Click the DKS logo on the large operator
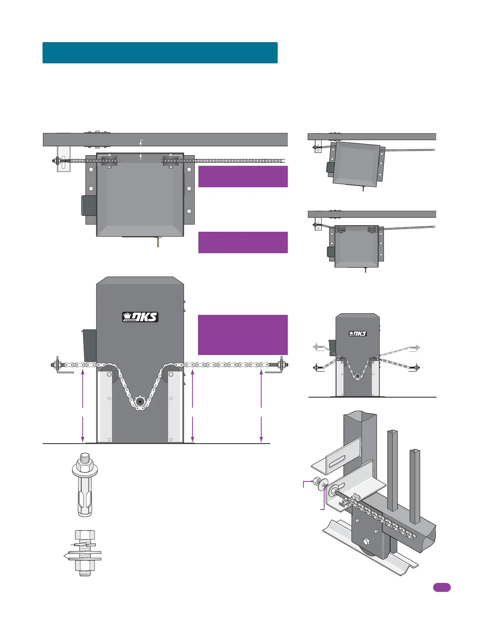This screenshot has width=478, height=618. point(140,317)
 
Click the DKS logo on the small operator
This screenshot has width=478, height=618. point(358,333)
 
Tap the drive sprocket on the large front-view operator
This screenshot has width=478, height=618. point(140,401)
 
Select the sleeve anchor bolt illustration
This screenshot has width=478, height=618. point(85,485)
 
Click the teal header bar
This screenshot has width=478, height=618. point(160,53)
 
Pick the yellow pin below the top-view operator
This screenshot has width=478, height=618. point(158,242)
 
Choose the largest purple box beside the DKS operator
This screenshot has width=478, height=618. point(243,335)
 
